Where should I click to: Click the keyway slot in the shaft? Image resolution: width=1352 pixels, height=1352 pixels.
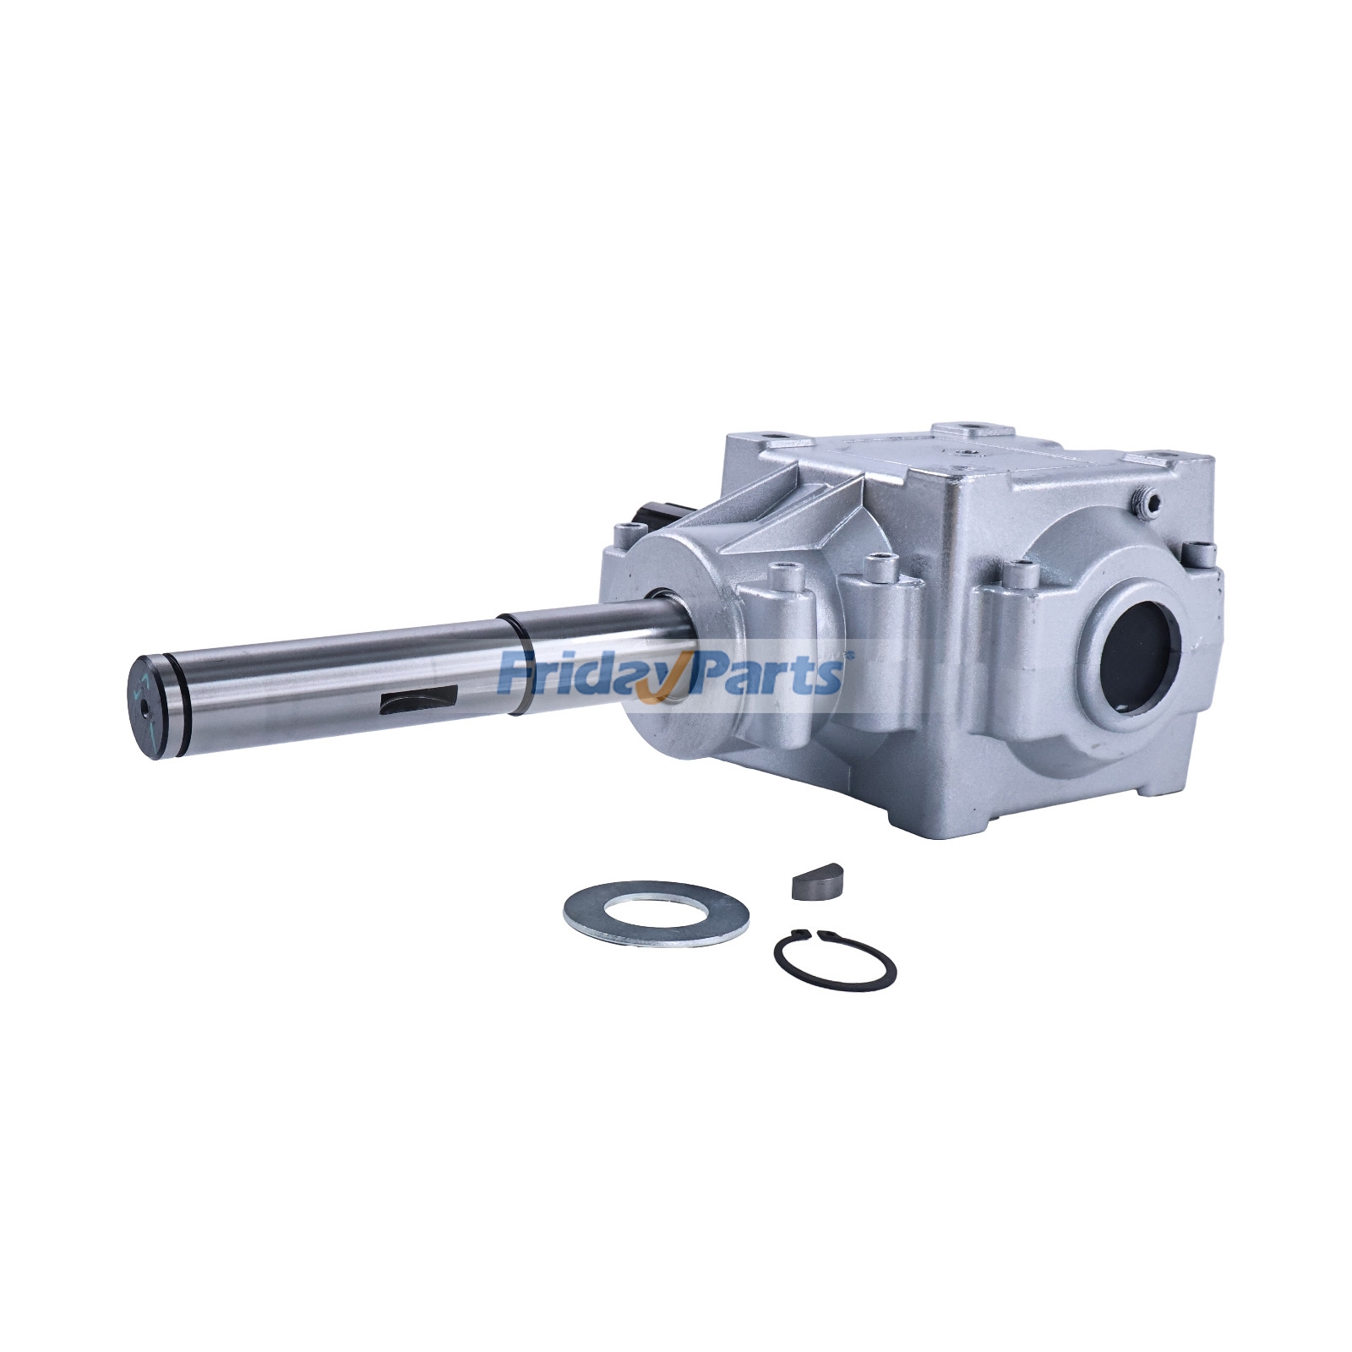click(418, 701)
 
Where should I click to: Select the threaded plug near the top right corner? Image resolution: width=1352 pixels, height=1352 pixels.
click(1147, 504)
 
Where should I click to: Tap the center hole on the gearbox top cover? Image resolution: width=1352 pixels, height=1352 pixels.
click(965, 455)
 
